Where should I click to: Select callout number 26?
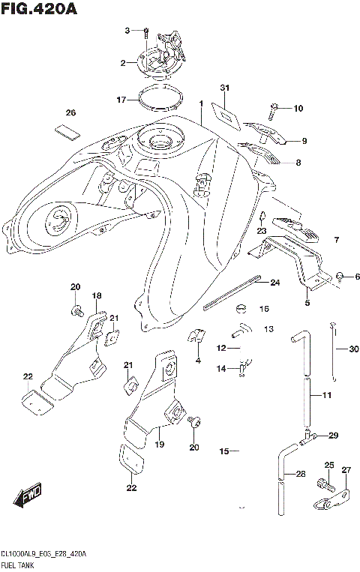pyautogui.click(x=70, y=113)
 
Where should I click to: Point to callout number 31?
pyautogui.click(x=223, y=88)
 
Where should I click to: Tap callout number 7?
pyautogui.click(x=337, y=240)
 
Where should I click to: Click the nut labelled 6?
pyautogui.click(x=340, y=276)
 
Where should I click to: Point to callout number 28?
pyautogui.click(x=300, y=474)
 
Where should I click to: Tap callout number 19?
pyautogui.click(x=159, y=445)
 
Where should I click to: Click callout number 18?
pyautogui.click(x=96, y=297)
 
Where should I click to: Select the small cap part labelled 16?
pyautogui.click(x=242, y=307)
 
